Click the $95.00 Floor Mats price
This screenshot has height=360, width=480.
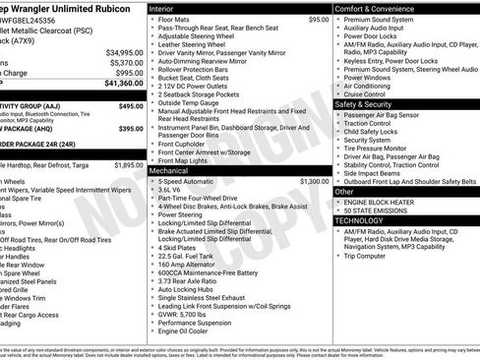click(319, 19)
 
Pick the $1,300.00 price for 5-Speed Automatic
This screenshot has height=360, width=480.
click(315, 182)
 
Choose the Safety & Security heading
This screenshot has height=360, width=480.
click(371, 103)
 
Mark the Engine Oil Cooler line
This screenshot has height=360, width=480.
click(184, 331)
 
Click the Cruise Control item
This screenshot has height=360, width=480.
click(373, 93)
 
